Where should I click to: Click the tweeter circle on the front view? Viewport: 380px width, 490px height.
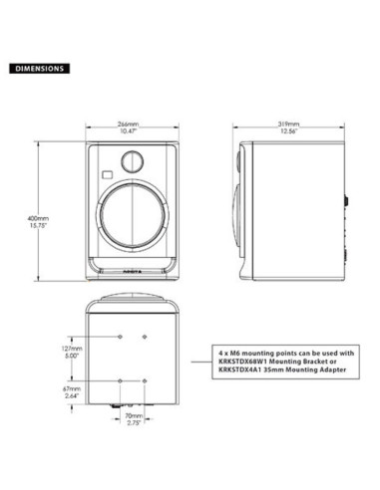point(133,160)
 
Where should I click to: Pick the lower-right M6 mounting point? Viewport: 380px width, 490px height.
point(145,381)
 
